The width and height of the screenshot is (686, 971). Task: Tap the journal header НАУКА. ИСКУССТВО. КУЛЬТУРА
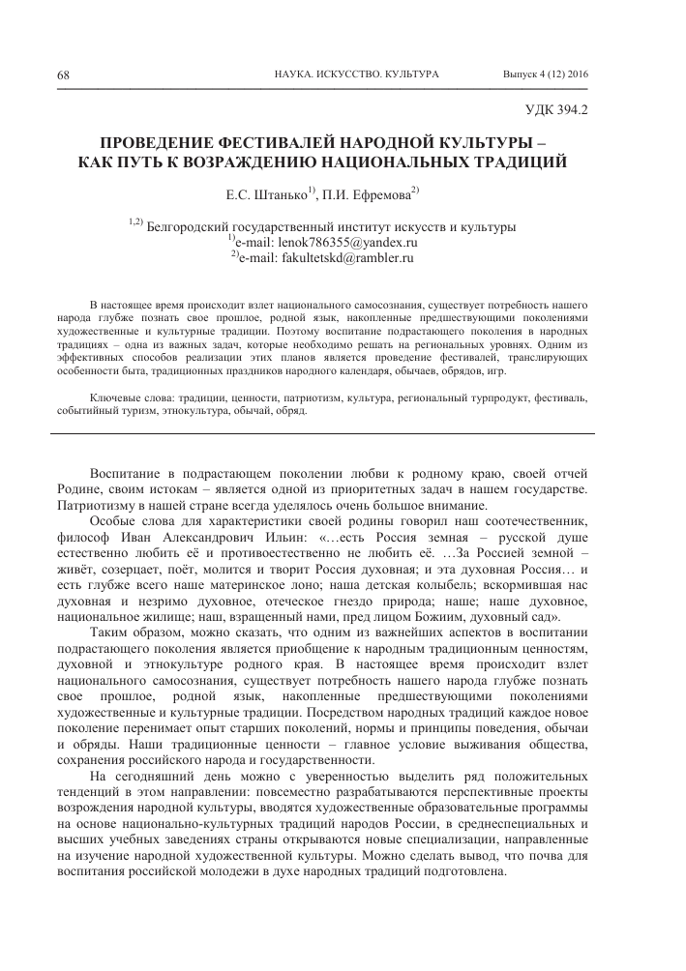[x=357, y=74]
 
